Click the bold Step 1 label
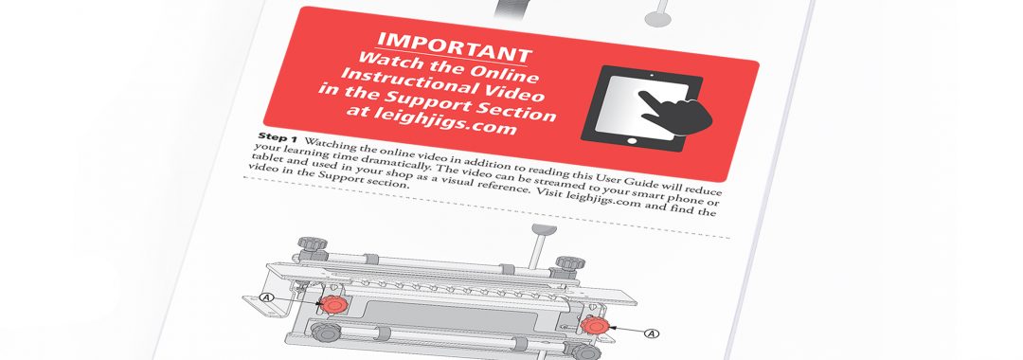(x=278, y=137)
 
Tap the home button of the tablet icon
(x=631, y=140)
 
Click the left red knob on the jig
(x=335, y=304)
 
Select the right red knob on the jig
(x=594, y=325)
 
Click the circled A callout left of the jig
(x=266, y=298)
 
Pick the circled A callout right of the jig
(x=651, y=333)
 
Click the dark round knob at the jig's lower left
(x=324, y=332)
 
